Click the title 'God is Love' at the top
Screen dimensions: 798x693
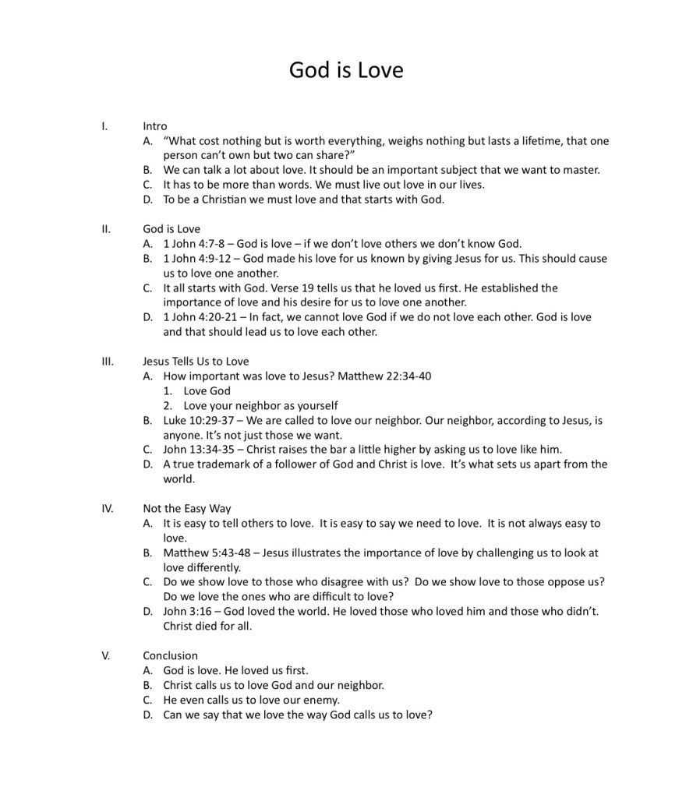[x=346, y=70]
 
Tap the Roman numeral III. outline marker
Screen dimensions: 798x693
[x=108, y=361]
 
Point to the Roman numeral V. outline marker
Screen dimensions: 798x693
[x=106, y=655]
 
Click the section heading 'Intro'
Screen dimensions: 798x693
[x=154, y=125]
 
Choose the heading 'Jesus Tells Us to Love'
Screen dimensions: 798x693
[x=196, y=361]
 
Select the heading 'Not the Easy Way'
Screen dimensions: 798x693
[x=186, y=509]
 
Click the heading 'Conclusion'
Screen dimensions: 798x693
[x=170, y=655]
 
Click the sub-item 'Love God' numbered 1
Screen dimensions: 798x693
[x=207, y=390]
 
